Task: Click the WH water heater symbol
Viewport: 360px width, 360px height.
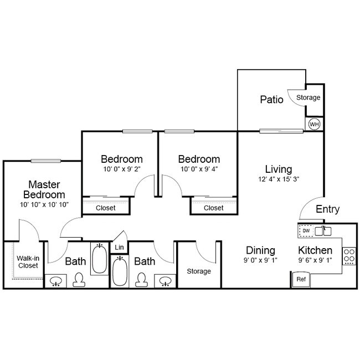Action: [x=314, y=125]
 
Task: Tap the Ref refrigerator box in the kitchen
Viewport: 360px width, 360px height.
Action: [x=301, y=280]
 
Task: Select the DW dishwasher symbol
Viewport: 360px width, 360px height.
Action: [x=306, y=230]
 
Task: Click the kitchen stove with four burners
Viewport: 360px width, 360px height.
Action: [x=349, y=255]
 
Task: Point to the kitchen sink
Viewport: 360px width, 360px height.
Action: [x=323, y=230]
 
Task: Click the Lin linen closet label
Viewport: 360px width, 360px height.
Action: [x=119, y=248]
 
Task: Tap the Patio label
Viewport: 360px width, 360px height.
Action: [x=271, y=100]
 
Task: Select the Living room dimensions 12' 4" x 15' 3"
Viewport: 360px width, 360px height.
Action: [x=278, y=179]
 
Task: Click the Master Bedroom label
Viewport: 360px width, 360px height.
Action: [x=44, y=189]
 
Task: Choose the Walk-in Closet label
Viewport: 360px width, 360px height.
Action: [x=27, y=261]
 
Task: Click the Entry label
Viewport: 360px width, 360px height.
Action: [x=327, y=209]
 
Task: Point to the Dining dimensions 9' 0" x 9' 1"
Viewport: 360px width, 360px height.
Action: [x=260, y=260]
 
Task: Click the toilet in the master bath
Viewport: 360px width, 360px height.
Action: [x=79, y=280]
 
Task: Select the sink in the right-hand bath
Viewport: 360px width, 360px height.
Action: [x=164, y=281]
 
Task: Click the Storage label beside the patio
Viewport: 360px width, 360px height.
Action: [x=308, y=97]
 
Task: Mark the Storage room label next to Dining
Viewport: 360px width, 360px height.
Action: [x=199, y=271]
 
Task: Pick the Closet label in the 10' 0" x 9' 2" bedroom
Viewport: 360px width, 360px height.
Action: [x=106, y=208]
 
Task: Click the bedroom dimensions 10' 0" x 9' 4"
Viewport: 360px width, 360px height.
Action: [x=199, y=169]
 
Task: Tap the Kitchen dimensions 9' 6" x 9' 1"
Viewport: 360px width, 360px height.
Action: [x=315, y=260]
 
